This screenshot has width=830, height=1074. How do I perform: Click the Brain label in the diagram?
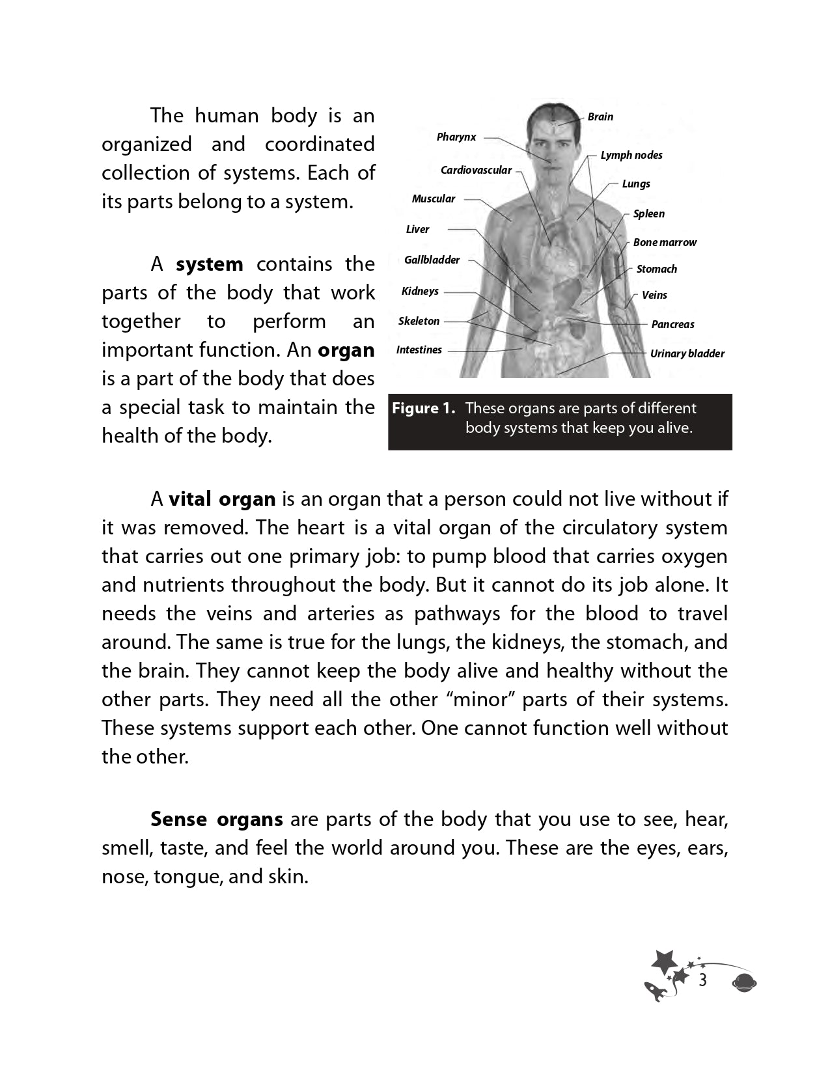click(600, 117)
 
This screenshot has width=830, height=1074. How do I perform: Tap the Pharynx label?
click(456, 137)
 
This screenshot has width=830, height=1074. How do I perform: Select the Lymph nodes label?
click(631, 156)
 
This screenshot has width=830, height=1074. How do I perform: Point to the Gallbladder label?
click(432, 260)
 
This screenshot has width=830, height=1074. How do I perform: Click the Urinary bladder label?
click(687, 354)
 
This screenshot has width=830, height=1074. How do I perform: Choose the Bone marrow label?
click(665, 243)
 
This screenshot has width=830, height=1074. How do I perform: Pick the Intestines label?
click(419, 350)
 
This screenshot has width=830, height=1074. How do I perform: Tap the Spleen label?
click(649, 214)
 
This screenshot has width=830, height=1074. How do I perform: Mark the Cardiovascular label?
click(477, 171)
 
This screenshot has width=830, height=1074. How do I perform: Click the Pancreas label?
click(672, 325)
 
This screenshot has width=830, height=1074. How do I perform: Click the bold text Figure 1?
click(423, 409)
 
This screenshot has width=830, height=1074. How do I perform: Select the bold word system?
click(210, 264)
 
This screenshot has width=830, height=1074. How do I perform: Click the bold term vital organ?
click(223, 499)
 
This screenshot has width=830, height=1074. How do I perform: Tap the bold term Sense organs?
click(217, 819)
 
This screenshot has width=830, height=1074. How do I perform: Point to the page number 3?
click(702, 981)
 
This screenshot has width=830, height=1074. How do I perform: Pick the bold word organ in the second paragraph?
click(346, 350)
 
